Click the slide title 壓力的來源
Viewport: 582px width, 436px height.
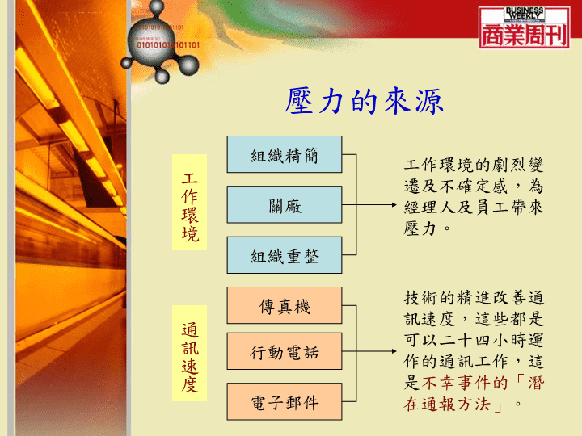pos(364,101)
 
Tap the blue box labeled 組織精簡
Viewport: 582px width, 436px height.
pos(285,154)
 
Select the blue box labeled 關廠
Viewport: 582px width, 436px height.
pos(285,204)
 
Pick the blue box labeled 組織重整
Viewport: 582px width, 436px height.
pos(285,255)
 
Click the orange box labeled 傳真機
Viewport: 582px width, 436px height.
pos(285,305)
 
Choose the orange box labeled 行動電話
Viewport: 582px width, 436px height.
pos(285,351)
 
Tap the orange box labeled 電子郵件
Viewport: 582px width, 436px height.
pos(285,401)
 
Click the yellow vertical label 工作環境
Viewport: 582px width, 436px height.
pos(189,202)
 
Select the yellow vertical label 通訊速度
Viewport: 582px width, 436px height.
pos(189,353)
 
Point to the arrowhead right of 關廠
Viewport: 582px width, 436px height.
pos(394,204)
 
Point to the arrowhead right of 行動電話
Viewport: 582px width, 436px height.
pos(394,351)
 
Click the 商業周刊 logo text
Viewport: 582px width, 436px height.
pos(524,36)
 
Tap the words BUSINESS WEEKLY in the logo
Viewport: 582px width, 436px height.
pos(524,14)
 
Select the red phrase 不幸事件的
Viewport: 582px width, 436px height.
pos(465,383)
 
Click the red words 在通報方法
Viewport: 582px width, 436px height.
pos(447,405)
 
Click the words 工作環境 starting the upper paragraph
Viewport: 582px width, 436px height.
pos(438,165)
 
